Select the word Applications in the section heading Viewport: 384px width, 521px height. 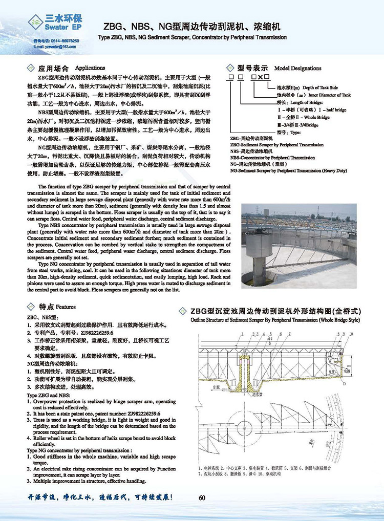(90, 68)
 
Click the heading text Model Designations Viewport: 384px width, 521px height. (298, 68)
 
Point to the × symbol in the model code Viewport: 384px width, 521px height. (261, 77)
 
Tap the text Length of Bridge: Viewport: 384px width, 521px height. (296, 102)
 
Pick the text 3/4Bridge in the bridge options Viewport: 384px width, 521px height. (306, 123)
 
